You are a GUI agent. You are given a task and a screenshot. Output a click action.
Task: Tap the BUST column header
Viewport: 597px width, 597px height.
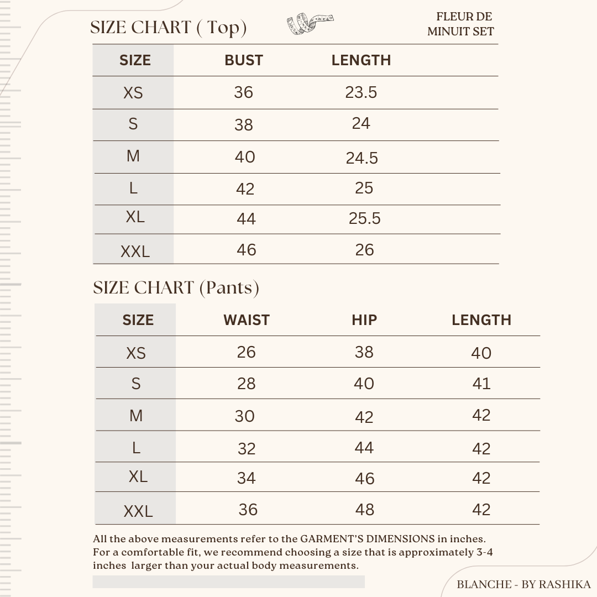[x=243, y=60]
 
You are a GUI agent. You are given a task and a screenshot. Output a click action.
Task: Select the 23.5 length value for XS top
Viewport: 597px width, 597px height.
[x=361, y=92]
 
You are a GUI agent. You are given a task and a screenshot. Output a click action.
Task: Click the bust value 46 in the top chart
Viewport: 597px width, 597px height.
[x=246, y=250]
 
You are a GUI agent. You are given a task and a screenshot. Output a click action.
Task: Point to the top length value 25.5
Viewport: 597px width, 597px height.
[x=364, y=219]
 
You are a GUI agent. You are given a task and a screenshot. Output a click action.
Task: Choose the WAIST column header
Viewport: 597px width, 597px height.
[x=246, y=320]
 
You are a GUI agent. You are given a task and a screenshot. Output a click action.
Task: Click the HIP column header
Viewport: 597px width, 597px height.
[x=364, y=320]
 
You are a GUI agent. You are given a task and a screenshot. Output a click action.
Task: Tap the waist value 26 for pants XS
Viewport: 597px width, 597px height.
[x=246, y=352]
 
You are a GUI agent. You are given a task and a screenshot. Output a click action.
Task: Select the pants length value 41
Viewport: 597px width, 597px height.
[x=481, y=384]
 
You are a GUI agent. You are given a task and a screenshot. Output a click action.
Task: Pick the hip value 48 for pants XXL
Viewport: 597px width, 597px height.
[x=364, y=510]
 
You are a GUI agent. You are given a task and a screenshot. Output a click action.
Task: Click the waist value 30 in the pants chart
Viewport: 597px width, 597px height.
[x=244, y=416]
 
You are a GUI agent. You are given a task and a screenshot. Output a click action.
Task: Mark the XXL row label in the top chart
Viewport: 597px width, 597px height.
[x=135, y=252]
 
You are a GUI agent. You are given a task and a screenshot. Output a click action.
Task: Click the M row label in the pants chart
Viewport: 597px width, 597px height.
[x=136, y=416]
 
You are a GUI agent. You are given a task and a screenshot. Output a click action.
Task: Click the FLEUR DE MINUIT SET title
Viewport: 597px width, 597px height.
[x=460, y=24]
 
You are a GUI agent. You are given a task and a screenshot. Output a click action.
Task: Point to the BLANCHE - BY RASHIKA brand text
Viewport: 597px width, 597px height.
[x=523, y=584]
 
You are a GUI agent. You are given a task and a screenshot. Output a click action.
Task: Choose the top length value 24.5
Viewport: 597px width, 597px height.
[x=362, y=159]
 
